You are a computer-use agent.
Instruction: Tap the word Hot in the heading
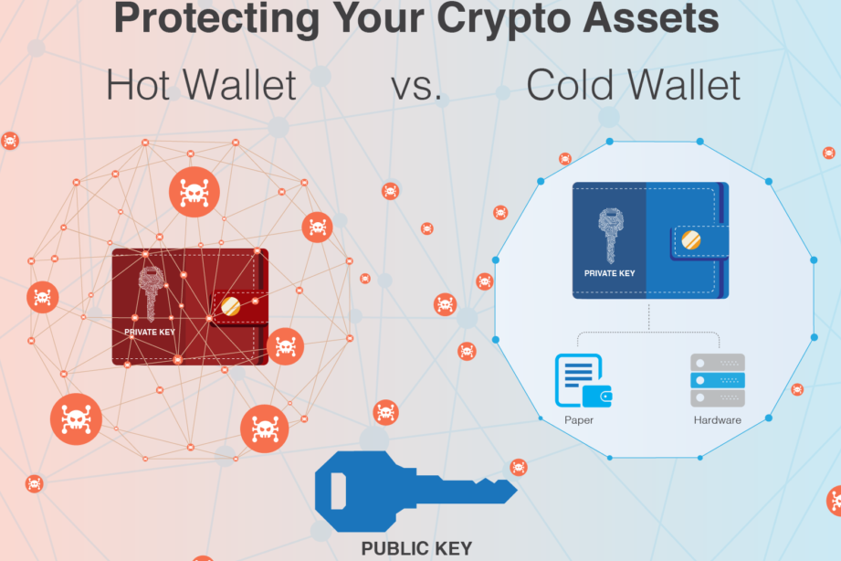[138, 86]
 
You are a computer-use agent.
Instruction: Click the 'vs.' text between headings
[416, 86]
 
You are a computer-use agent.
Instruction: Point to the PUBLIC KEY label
[416, 549]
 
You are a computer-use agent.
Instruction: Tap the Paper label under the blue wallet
[579, 420]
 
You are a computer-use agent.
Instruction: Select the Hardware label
[717, 420]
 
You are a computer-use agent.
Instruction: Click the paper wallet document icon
[581, 380]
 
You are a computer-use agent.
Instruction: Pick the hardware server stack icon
[717, 380]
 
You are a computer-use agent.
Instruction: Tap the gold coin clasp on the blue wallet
[690, 240]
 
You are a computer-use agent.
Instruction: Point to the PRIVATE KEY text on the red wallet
[148, 332]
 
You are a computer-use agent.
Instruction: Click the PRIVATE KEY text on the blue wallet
[608, 272]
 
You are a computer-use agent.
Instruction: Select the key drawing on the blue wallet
[609, 234]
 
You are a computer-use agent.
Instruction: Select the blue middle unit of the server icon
[717, 379]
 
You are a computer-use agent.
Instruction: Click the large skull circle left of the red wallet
[42, 297]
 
